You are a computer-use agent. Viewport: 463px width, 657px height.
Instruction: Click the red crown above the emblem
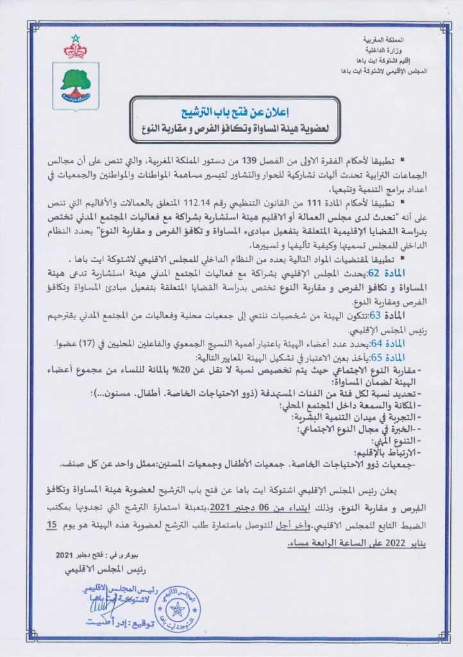pyautogui.click(x=76, y=48)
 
